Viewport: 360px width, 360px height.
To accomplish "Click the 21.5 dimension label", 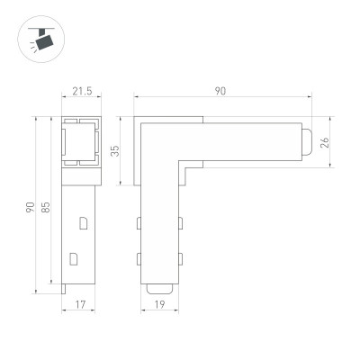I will [82, 92].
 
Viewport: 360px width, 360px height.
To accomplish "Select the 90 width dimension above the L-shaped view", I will [220, 90].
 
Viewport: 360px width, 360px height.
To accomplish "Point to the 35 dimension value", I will [115, 150].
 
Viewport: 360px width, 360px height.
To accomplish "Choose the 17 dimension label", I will [80, 306].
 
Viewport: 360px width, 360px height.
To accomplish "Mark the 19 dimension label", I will [160, 306].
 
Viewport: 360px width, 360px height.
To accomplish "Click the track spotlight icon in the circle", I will [39, 40].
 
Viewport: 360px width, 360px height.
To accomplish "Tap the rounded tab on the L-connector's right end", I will [309, 143].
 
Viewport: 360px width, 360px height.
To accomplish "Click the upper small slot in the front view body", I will [83, 221].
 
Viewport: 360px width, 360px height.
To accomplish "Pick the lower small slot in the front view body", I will [74, 259].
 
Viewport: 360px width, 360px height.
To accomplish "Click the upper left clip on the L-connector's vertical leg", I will [139, 221].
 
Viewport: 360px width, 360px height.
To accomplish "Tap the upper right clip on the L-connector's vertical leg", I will [180, 221].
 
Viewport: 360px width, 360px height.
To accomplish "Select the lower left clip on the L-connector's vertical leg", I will [139, 259].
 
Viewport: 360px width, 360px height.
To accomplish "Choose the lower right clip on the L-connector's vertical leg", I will [180, 259].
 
